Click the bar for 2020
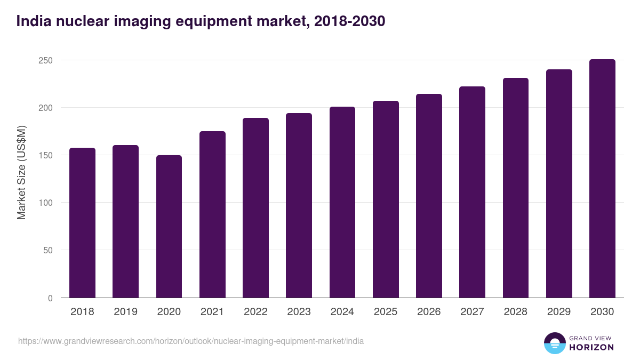[169, 227]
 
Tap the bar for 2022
[255, 208]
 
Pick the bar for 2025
[386, 199]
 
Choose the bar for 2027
[472, 192]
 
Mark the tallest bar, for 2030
[602, 179]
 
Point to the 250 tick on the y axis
[46, 60]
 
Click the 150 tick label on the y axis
[46, 155]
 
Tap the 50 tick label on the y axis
[48, 250]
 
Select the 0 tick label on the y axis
[50, 298]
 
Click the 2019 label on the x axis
[125, 312]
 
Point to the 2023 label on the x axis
[299, 312]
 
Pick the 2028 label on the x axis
[515, 312]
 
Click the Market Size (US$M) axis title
[21, 173]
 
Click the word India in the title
[31, 21]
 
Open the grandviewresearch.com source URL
[191, 341]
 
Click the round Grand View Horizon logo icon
[554, 343]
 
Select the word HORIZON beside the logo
[591, 347]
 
